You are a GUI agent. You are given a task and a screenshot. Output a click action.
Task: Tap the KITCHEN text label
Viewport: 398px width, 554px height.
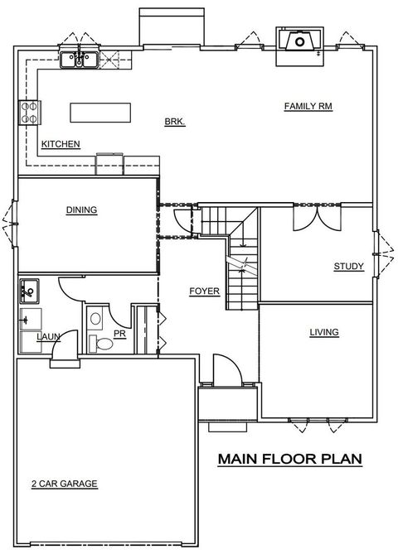tap(61, 144)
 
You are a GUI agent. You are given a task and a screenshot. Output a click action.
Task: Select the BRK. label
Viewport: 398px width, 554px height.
tap(174, 122)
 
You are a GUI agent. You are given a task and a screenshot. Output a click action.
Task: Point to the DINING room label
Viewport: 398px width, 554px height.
tap(81, 210)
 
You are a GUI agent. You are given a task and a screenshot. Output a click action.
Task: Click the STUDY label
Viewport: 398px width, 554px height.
tap(348, 266)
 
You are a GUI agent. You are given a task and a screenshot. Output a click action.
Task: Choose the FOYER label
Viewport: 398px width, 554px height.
tap(203, 291)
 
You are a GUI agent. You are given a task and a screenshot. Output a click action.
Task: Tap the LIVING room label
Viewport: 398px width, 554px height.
tap(324, 332)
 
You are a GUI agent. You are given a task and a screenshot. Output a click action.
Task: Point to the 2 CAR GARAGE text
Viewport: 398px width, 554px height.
tap(66, 484)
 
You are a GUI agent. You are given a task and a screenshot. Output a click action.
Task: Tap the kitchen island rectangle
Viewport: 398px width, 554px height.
tap(100, 111)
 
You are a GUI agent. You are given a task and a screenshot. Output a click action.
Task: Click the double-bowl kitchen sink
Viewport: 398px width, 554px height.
tap(80, 59)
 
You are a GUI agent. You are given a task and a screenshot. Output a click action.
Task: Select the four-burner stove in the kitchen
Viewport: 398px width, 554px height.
tap(29, 112)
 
